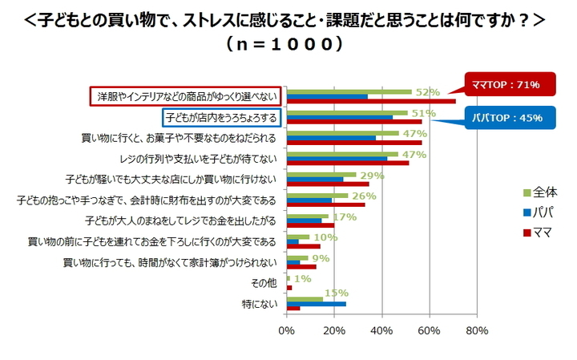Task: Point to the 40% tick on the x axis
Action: point(382,330)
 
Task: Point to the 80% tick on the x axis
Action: point(477,330)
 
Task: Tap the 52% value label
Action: point(428,92)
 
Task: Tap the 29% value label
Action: point(373,175)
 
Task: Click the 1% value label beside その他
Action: point(303,278)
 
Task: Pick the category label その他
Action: point(264,283)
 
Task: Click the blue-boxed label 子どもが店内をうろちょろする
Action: point(221,118)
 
